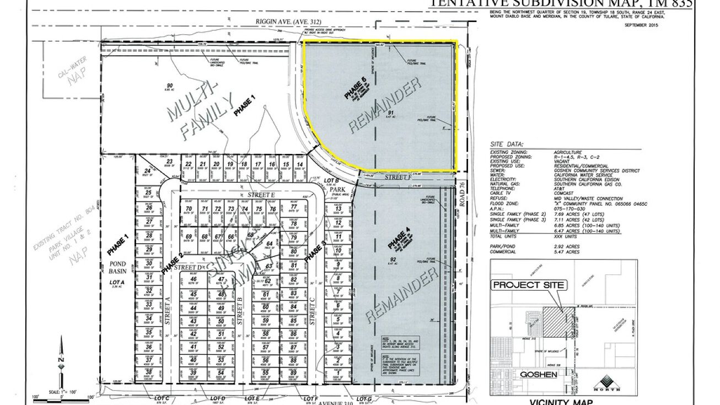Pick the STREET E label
click(x=257, y=195)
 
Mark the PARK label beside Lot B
click(x=336, y=188)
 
